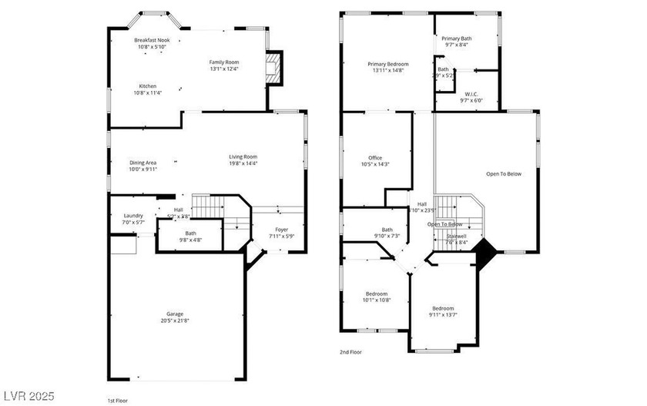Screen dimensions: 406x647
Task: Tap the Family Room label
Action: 224,62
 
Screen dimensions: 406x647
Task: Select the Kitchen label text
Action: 148,86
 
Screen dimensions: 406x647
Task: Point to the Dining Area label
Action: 143,163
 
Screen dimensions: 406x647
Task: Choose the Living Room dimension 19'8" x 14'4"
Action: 243,163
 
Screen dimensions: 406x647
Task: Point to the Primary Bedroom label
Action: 387,64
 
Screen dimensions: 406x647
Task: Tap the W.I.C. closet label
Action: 471,95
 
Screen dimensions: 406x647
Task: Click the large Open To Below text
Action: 504,173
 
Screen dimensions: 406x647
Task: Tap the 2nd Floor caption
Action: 350,352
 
